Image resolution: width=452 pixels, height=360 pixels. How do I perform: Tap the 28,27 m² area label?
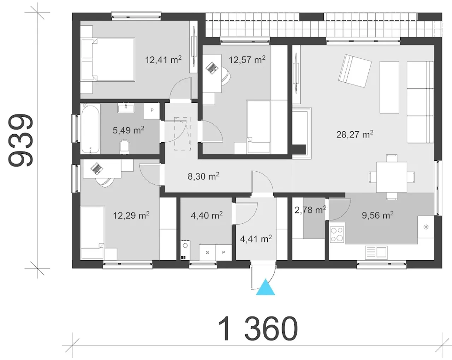click(x=355, y=135)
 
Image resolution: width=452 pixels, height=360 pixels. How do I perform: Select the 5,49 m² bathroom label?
click(x=129, y=130)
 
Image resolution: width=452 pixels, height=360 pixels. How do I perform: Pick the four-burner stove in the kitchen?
click(x=337, y=234)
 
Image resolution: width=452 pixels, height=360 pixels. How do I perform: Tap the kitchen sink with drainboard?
click(x=376, y=252)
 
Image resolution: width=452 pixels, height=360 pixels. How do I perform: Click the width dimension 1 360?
click(x=258, y=329)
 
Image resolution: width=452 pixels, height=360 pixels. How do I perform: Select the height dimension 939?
click(x=20, y=140)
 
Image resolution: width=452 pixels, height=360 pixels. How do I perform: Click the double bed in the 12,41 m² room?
click(x=108, y=59)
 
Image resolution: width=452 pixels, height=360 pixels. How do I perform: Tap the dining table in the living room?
click(x=392, y=177)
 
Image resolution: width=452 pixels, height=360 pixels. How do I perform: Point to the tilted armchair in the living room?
click(x=355, y=71)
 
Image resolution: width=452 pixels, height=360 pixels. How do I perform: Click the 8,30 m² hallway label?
click(x=203, y=176)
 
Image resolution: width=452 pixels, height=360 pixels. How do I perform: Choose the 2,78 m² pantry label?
click(x=310, y=210)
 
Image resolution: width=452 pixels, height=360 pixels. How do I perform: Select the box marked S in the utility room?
click(x=207, y=252)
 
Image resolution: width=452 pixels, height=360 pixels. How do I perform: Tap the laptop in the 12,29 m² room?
click(x=97, y=169)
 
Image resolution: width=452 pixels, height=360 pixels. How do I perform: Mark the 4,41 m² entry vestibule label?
click(x=256, y=239)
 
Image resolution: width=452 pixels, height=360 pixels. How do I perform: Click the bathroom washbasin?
click(x=126, y=108)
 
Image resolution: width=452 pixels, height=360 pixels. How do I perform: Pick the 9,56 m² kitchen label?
click(x=377, y=215)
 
